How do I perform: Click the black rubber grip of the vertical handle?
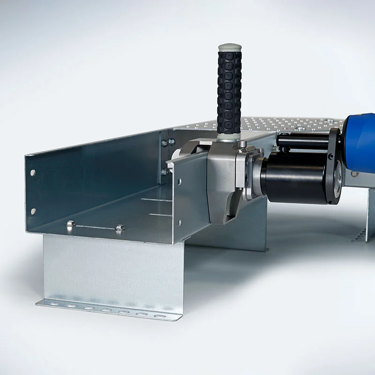(229, 94)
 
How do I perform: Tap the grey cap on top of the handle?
(230, 47)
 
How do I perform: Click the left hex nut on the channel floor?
(70, 224)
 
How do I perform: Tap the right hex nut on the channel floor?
(120, 228)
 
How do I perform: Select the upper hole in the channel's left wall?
(33, 172)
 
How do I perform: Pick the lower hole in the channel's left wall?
(33, 211)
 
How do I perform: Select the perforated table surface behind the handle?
(281, 124)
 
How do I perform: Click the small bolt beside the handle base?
(243, 144)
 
